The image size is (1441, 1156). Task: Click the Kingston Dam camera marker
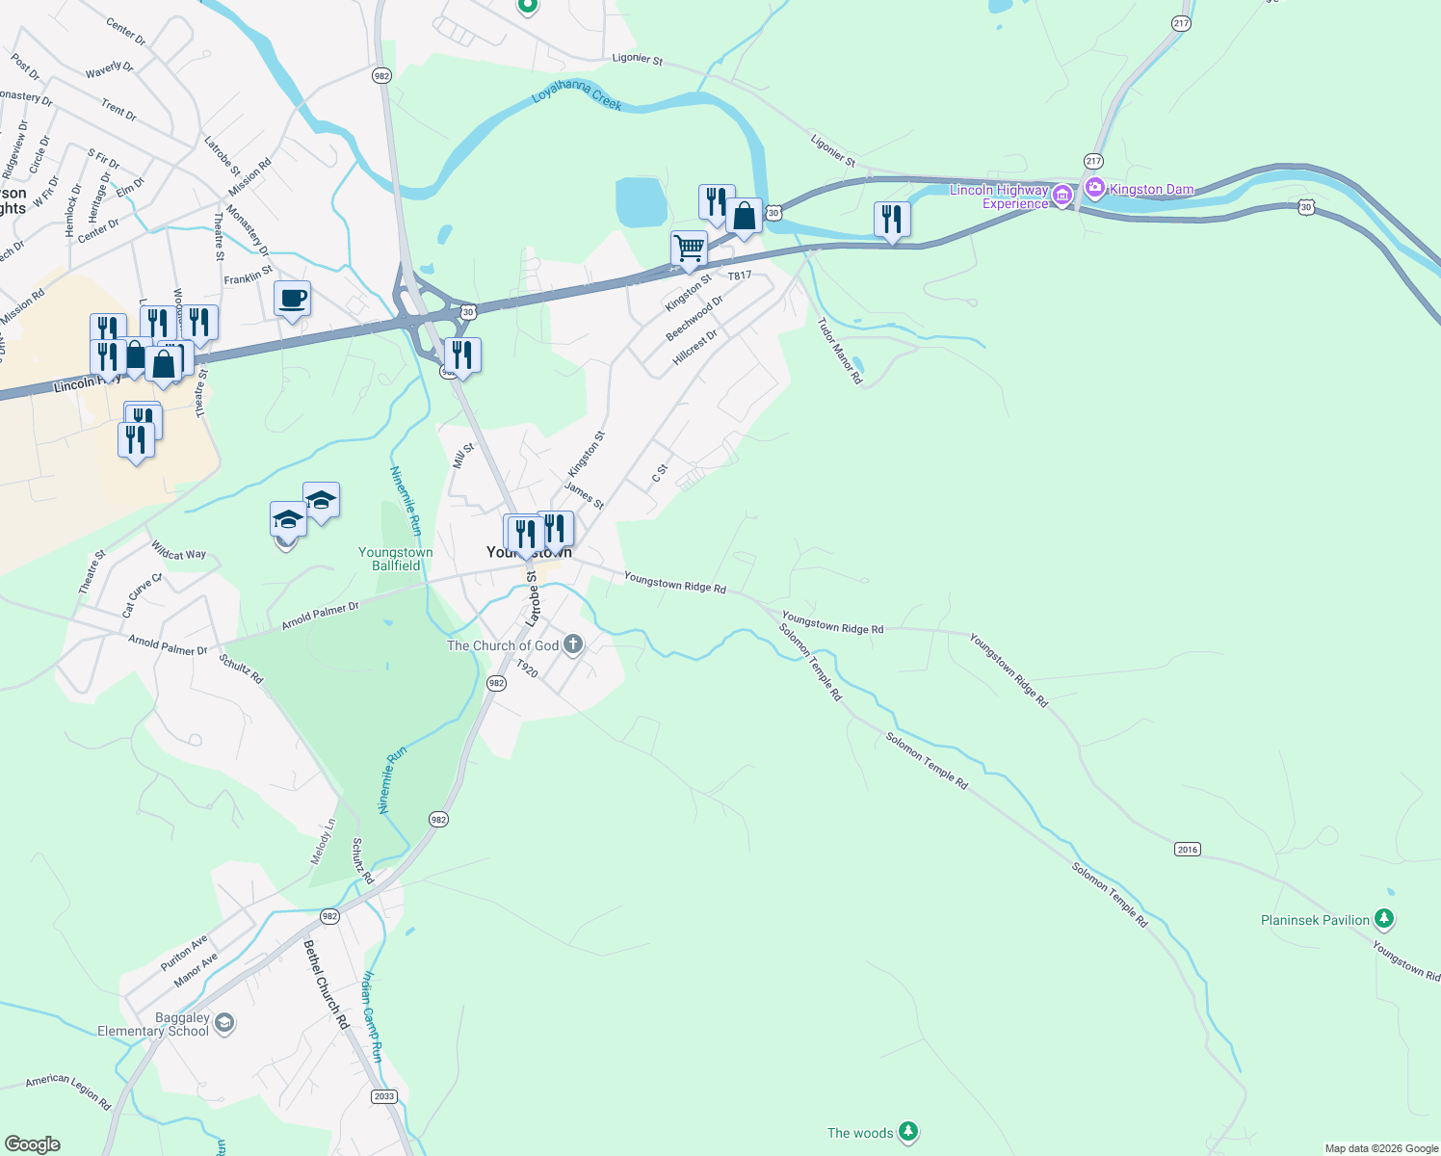click(x=1094, y=189)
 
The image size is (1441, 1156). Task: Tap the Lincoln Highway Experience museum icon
click(x=1061, y=196)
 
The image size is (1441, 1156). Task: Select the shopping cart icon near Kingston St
click(x=689, y=249)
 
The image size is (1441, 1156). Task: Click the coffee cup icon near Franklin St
click(x=292, y=299)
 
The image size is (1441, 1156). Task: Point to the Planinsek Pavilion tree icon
click(x=1383, y=919)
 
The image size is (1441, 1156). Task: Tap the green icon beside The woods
click(x=907, y=1132)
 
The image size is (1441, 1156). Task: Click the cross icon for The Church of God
click(x=572, y=644)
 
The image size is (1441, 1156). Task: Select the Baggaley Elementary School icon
click(x=224, y=1022)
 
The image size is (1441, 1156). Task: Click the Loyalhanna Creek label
click(x=577, y=97)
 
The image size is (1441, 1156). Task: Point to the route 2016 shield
click(x=1188, y=849)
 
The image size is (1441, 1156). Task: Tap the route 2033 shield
click(x=384, y=1096)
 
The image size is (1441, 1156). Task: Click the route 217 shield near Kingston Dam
click(x=1092, y=161)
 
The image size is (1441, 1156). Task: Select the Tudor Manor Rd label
click(x=840, y=352)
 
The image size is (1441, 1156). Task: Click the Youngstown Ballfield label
click(x=396, y=559)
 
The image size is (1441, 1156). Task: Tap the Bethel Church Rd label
click(x=327, y=984)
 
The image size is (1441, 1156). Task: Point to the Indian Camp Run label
click(x=372, y=1016)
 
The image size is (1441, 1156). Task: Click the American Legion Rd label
click(x=68, y=1090)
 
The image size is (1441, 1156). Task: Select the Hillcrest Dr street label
click(x=695, y=347)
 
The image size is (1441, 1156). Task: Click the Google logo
click(x=33, y=1144)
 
